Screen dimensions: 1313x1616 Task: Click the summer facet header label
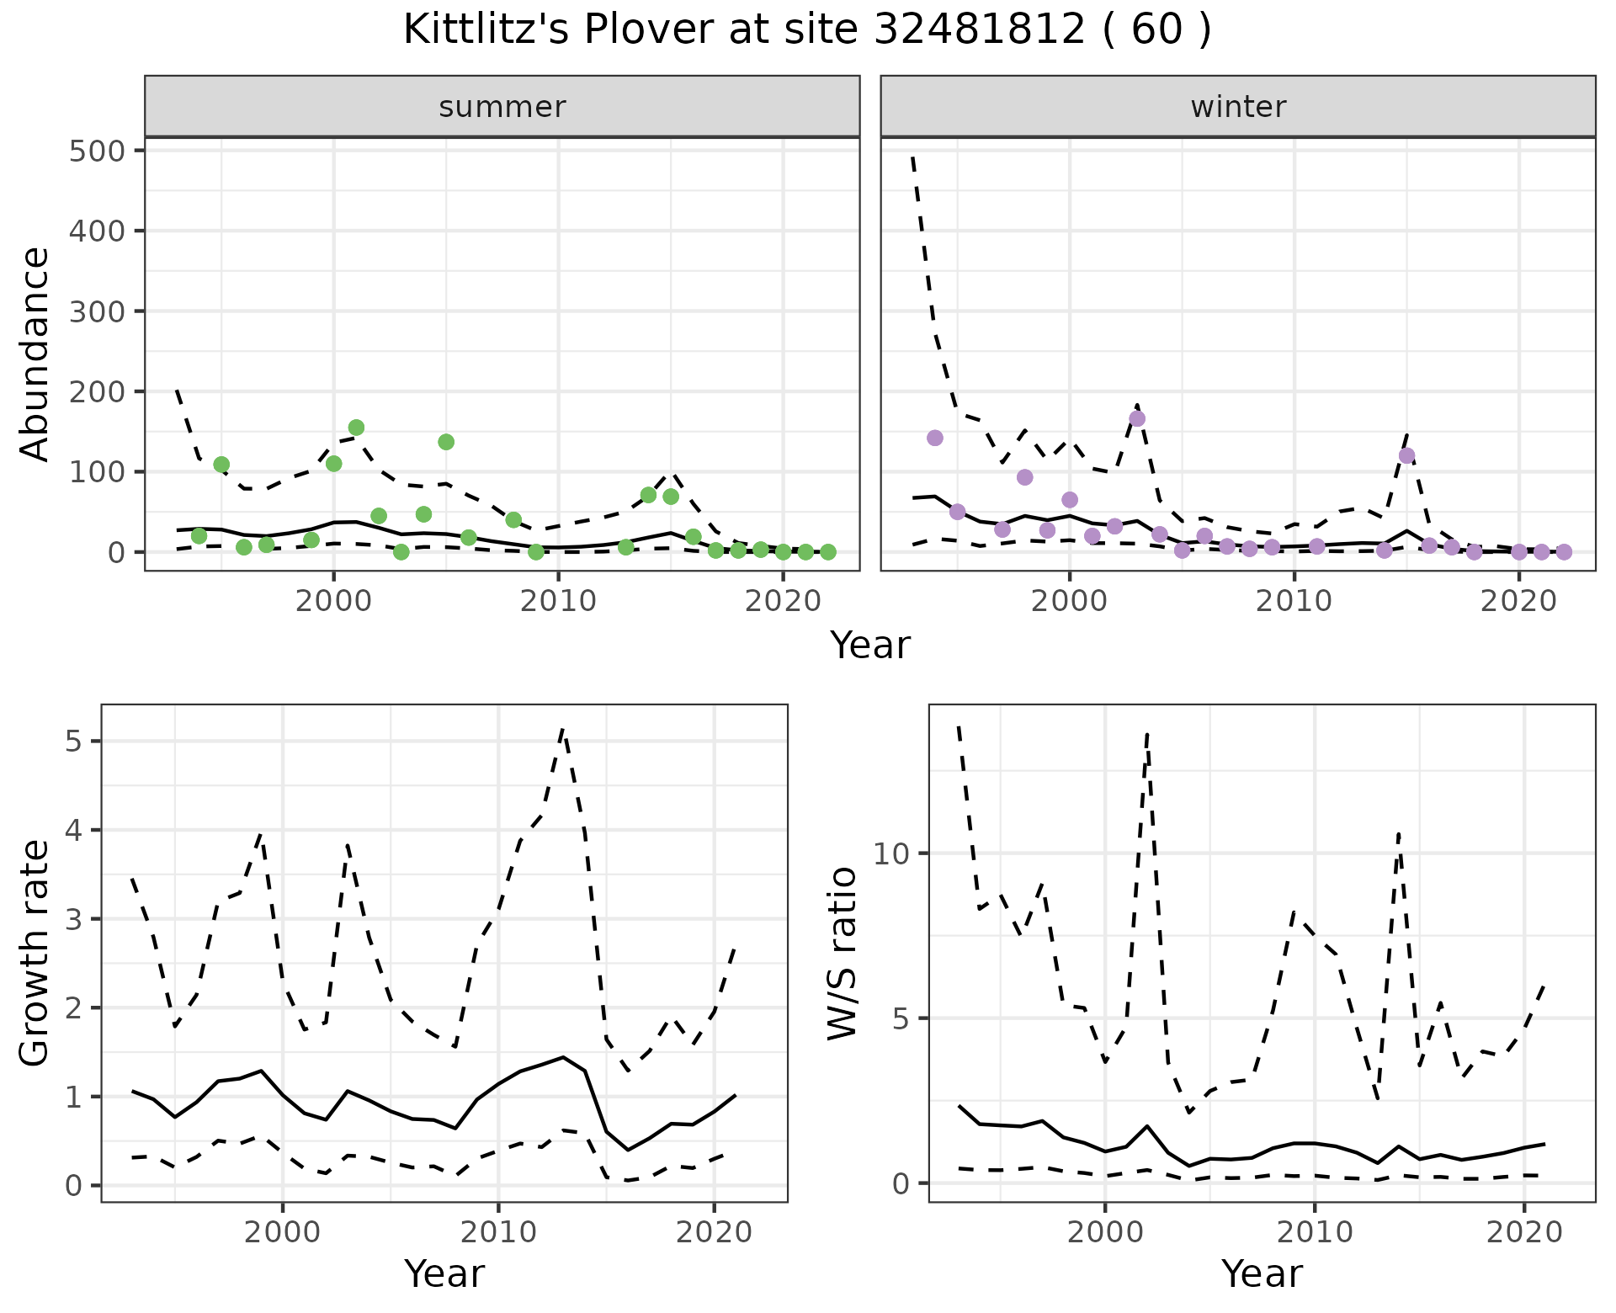pos(502,107)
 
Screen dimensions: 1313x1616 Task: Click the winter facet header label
pos(1238,107)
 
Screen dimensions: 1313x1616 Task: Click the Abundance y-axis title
pos(35,353)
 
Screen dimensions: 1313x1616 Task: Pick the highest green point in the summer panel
pos(356,428)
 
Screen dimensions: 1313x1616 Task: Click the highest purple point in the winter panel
pos(1137,418)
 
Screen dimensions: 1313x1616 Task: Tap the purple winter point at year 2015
pos(1406,456)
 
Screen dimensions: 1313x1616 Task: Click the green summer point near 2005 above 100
pos(446,442)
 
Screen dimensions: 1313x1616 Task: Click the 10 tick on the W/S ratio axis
pos(892,853)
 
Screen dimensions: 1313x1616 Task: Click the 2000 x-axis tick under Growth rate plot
pos(283,1231)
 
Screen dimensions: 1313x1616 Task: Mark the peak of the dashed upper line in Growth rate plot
pos(563,729)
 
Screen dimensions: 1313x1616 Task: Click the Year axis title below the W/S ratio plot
pos(1262,1273)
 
